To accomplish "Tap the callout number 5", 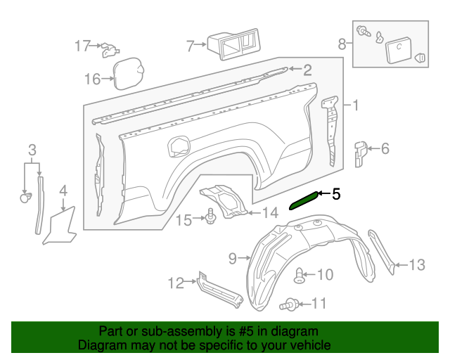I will tap(336, 193).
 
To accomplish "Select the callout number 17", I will tap(84, 46).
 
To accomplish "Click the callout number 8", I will tap(342, 44).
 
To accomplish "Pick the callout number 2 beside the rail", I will tap(307, 69).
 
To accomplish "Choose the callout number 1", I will tap(356, 106).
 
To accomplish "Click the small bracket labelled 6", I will tap(360, 153).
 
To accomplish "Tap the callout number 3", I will tap(32, 149).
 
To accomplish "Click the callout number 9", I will tap(233, 259).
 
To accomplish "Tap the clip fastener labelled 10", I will tap(301, 275).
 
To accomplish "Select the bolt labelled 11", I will tap(289, 304).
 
